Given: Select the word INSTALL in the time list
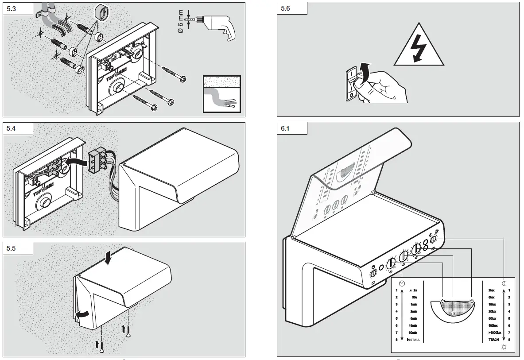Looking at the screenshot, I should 413,340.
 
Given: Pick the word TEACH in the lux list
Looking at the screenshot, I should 493,340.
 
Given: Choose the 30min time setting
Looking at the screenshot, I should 413,333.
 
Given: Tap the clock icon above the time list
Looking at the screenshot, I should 402,283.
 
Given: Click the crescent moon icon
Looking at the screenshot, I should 504,283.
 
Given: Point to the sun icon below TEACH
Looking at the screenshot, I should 504,347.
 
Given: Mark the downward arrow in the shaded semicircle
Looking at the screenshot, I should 452,314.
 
